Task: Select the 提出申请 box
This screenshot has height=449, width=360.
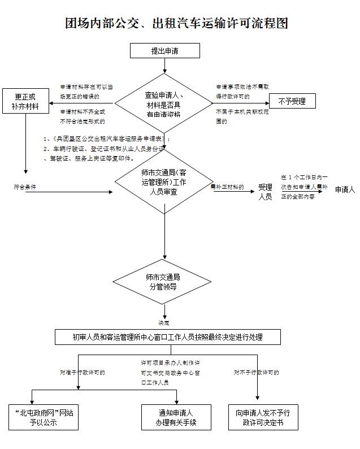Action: point(164,51)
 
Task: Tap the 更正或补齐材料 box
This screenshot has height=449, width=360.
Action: point(25,101)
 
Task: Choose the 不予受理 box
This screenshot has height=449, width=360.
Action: point(291,102)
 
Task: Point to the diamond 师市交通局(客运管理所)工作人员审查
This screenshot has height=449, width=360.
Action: point(164,182)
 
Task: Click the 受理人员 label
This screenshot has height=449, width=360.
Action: point(265,192)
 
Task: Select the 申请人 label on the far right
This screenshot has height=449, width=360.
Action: point(344,189)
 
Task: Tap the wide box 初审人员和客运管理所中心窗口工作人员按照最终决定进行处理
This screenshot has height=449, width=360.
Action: point(168,337)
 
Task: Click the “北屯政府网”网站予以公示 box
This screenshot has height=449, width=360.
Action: point(43,417)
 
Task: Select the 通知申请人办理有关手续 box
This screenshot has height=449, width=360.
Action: point(176,417)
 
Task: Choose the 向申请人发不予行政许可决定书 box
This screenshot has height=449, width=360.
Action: point(263,417)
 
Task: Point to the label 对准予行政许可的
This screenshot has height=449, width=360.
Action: point(83,373)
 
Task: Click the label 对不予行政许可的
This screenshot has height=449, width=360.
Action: point(257,373)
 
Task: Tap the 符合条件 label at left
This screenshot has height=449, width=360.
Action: point(25,187)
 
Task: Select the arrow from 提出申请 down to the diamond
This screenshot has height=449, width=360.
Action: point(164,66)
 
